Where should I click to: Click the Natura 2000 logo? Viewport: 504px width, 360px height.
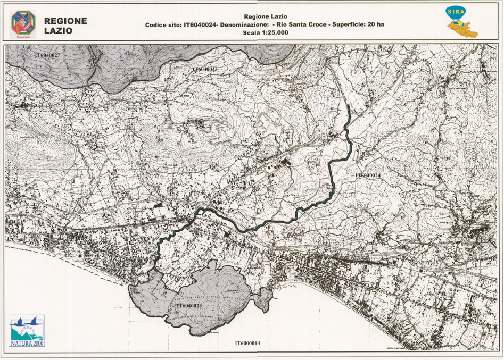(27, 331)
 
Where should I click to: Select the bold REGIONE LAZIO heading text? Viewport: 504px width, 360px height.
(65, 25)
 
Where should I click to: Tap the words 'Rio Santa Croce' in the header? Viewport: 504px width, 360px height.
(297, 25)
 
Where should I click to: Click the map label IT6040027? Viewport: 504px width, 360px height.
(47, 55)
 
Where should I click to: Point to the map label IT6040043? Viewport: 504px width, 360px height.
(205, 70)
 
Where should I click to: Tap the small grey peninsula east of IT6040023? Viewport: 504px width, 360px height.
(263, 300)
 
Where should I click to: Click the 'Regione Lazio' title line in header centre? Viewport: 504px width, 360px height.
(265, 16)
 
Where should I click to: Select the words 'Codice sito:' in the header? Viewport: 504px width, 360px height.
(163, 25)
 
